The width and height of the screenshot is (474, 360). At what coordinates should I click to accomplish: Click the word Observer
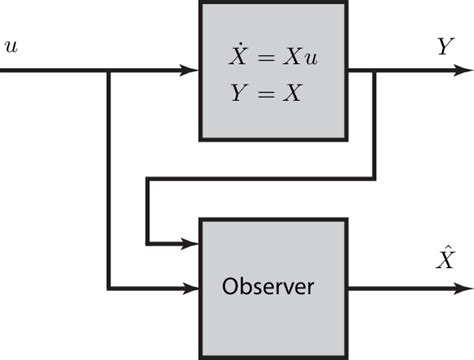coord(267,288)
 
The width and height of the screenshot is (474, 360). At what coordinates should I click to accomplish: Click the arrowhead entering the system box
coord(190,71)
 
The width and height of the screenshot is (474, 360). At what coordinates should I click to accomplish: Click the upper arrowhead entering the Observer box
coord(190,242)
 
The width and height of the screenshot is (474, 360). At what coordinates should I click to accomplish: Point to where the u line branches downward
coord(107,71)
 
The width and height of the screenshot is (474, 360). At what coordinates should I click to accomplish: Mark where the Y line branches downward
coord(374,71)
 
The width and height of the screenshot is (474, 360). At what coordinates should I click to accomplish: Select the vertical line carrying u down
coord(107,180)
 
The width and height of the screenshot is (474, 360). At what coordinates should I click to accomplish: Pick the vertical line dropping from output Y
coord(374,125)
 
